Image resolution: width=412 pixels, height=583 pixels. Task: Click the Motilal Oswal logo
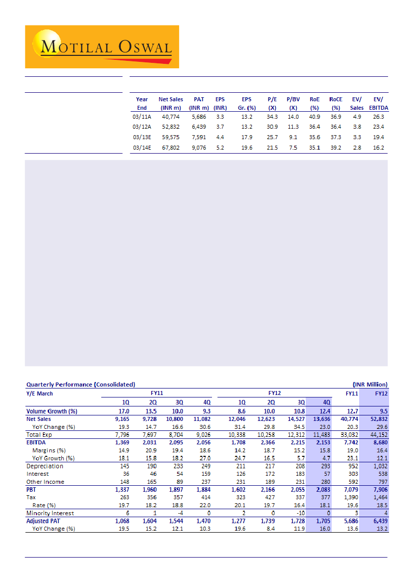102,46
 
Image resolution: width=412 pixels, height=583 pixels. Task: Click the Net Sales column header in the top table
171,103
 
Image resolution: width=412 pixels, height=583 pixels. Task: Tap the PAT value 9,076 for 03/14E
199,148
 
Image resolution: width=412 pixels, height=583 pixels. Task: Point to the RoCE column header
336,103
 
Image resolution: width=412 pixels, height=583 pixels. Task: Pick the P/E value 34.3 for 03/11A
272,116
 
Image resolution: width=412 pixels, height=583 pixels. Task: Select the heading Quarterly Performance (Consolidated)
80,385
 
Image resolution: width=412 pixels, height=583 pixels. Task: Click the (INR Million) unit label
370,385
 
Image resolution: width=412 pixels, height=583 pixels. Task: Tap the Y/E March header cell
39,393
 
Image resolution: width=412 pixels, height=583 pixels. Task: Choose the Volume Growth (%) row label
51,411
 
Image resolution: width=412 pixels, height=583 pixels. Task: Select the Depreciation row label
45,466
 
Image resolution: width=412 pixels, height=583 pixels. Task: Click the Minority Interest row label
50,513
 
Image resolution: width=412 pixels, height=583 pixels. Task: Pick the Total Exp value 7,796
123,435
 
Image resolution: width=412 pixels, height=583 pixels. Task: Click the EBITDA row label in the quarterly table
36,442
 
